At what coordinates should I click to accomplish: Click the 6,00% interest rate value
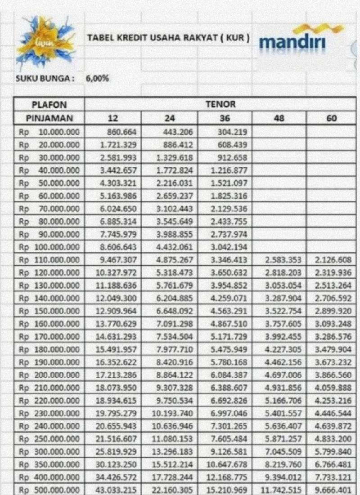(97, 78)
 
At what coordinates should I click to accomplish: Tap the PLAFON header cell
(49, 105)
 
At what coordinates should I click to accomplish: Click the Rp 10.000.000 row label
(49, 132)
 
